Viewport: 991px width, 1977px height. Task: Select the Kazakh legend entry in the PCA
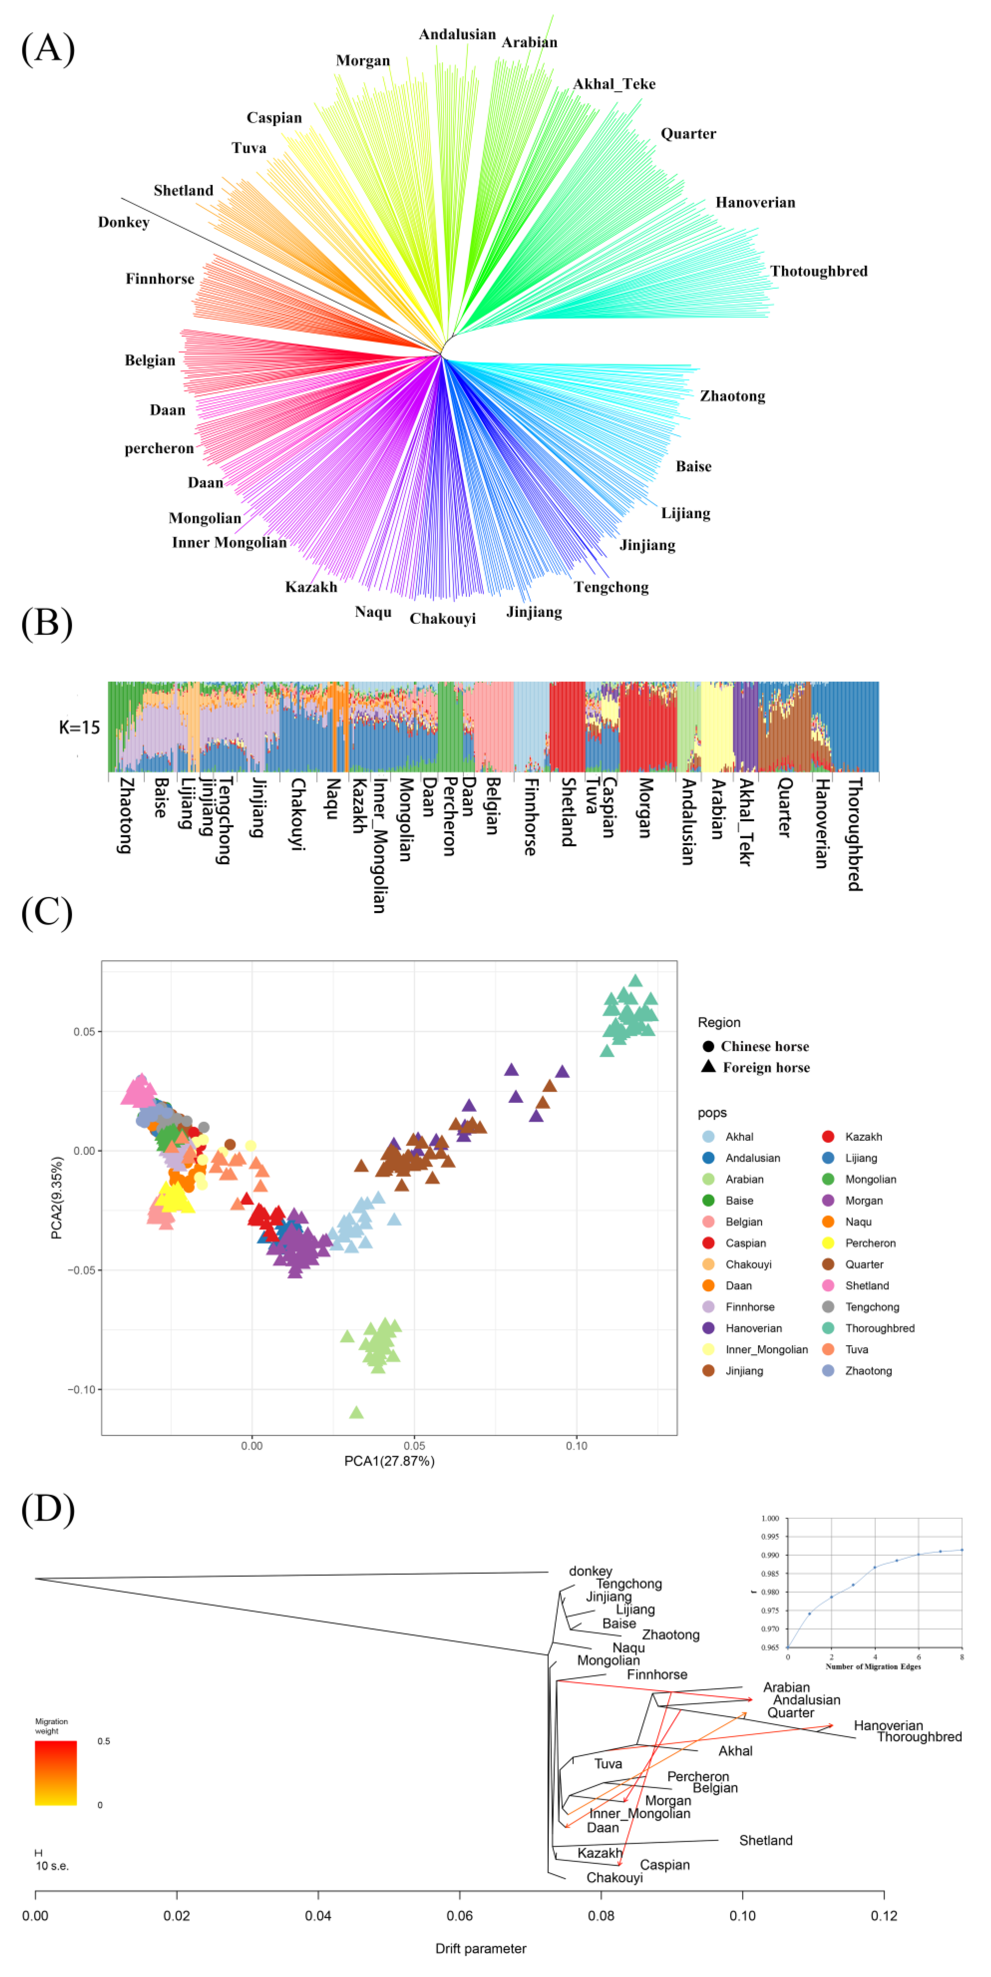click(x=863, y=1137)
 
